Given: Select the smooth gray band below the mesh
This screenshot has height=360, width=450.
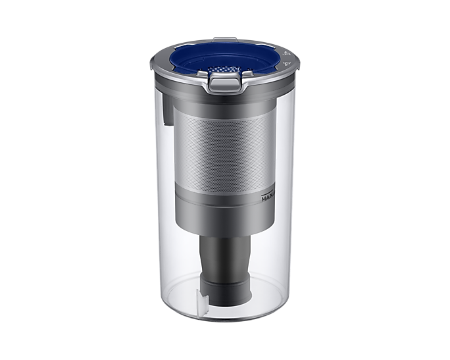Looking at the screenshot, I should pos(224,207).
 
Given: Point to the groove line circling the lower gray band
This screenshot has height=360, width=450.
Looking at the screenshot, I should pos(224,192).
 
